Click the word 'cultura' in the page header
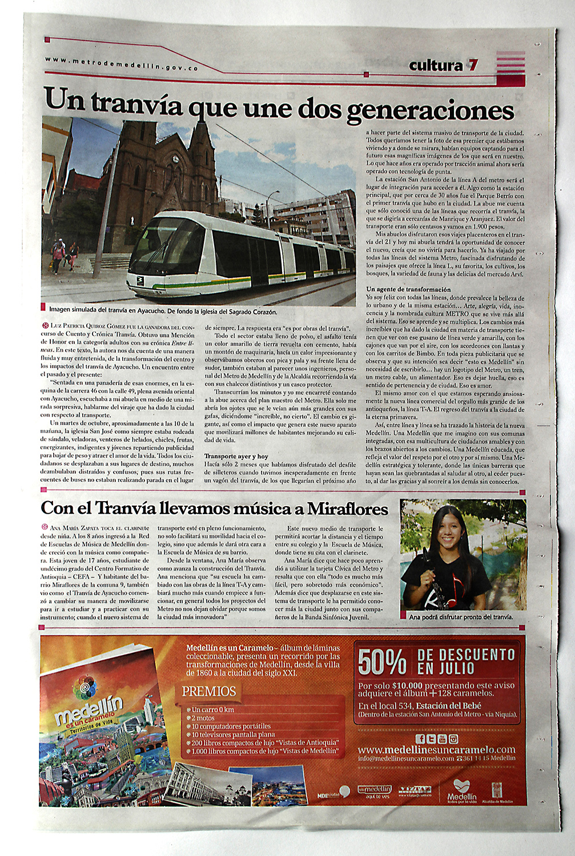tap(435, 66)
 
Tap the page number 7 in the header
tap(472, 66)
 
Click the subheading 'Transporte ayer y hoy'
tap(236, 456)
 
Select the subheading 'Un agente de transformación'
tap(408, 289)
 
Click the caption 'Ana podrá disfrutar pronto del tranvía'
tap(461, 617)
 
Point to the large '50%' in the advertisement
tap(381, 662)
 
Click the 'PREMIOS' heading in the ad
tap(208, 691)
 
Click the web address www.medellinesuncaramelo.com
tap(436, 749)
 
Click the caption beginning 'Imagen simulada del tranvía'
tap(163, 312)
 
